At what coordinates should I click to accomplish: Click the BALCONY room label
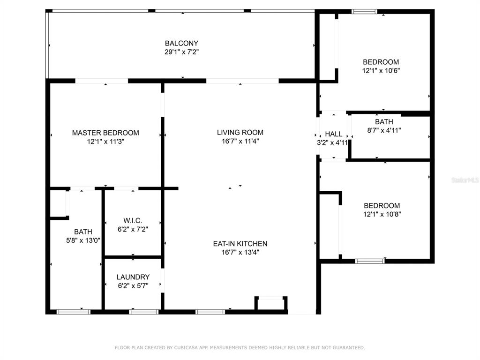(181, 43)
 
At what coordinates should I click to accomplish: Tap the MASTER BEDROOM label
(105, 133)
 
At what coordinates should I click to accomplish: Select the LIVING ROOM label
(240, 133)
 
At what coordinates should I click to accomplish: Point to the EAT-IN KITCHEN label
(240, 244)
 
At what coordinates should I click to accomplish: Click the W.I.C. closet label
(133, 220)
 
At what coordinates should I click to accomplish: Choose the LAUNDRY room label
(133, 277)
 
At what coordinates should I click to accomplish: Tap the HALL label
(334, 134)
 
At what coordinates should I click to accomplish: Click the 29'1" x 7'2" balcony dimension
(182, 52)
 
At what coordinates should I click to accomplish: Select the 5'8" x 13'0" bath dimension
(83, 240)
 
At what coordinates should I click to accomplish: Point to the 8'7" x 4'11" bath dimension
(384, 130)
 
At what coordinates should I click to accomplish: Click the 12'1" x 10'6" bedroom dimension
(381, 70)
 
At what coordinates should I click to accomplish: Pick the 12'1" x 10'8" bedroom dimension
(382, 214)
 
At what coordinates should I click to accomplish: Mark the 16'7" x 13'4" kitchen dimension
(240, 252)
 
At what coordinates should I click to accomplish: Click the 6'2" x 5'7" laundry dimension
(133, 285)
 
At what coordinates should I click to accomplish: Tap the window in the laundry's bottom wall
(144, 312)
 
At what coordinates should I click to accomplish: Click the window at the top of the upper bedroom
(364, 12)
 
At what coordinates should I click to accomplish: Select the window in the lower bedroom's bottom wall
(370, 261)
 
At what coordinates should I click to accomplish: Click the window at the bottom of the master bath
(74, 312)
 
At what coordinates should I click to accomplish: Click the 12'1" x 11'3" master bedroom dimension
(105, 142)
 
